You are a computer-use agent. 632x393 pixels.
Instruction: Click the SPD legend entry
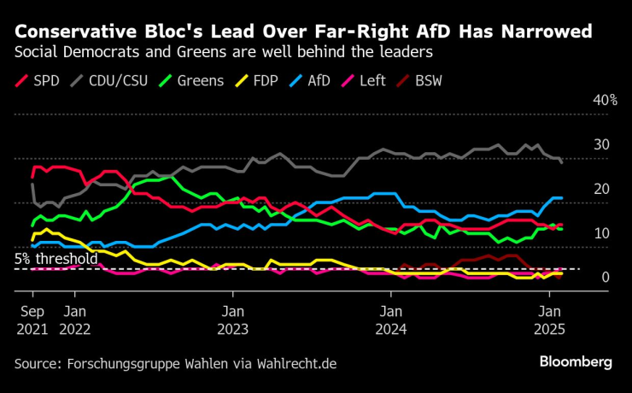point(41,81)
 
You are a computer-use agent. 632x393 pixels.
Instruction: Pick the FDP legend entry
point(266,81)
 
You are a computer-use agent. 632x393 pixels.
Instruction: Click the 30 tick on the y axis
point(602,144)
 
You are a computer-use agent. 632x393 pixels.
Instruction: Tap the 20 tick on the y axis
point(602,189)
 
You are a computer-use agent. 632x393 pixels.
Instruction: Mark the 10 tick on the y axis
point(602,233)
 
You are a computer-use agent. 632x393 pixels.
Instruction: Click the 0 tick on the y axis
point(606,278)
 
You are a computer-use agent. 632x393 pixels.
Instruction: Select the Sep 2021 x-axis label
point(32,318)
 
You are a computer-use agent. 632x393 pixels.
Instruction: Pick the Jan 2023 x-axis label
point(231,318)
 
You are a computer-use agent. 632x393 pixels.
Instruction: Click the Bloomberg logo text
point(576,362)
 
